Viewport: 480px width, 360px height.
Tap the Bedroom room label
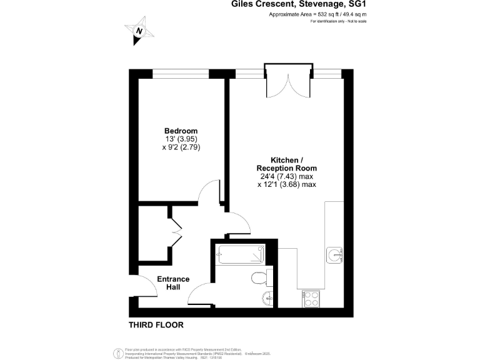tap(181, 131)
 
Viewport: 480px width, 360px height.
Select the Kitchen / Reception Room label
tap(286, 164)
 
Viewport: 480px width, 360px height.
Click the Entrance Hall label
tap(173, 282)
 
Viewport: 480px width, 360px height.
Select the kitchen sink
tap(334, 254)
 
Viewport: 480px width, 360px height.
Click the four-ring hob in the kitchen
tap(311, 299)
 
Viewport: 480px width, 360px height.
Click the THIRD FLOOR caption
tap(156, 325)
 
